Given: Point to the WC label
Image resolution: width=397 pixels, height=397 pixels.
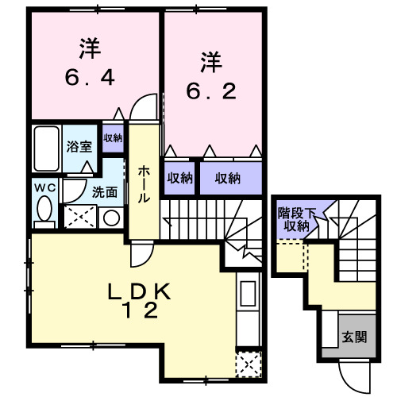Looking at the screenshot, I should pyautogui.click(x=44, y=187).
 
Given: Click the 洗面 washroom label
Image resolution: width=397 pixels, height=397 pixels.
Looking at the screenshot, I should pyautogui.click(x=104, y=191).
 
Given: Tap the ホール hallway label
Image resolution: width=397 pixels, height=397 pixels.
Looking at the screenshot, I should pyautogui.click(x=145, y=185).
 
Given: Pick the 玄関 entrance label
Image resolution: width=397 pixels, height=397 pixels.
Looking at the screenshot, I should pyautogui.click(x=354, y=336).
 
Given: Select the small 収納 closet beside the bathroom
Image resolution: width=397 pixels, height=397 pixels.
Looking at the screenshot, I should pyautogui.click(x=113, y=137).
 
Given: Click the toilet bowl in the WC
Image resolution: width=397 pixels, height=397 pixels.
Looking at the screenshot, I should pyautogui.click(x=44, y=210).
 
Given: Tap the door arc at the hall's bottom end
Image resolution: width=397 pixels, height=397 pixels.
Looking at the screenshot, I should pyautogui.click(x=141, y=252).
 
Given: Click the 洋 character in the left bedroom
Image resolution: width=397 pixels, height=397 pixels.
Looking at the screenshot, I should pyautogui.click(x=90, y=50).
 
